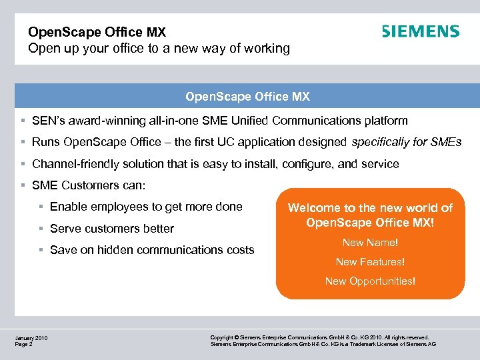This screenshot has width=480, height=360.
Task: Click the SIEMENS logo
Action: [420, 31]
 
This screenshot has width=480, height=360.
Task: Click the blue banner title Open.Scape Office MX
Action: [247, 97]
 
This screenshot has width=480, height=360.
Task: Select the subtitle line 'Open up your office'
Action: [159, 49]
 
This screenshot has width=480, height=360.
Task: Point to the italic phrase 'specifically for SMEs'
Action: [405, 142]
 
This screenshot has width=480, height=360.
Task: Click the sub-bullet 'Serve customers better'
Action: [111, 229]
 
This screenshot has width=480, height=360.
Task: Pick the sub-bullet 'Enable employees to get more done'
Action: [146, 207]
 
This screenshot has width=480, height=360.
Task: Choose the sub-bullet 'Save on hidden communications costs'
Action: [152, 250]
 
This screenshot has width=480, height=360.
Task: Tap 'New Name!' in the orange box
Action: [370, 243]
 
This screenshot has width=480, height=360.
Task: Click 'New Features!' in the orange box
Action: [370, 262]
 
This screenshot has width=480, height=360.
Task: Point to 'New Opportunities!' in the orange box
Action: [370, 281]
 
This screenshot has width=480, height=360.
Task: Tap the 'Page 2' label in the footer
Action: [24, 345]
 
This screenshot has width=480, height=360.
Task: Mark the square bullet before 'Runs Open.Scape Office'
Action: [23, 142]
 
